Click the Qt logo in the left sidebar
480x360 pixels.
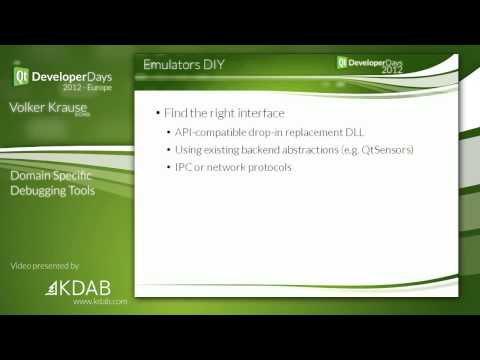(x=20, y=76)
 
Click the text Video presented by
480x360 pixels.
(x=45, y=266)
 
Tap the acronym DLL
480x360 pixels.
(x=367, y=132)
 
